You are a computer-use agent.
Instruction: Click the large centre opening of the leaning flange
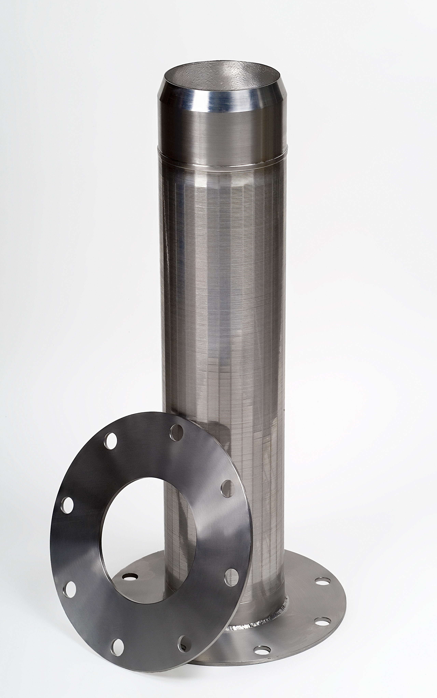[150, 540]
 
